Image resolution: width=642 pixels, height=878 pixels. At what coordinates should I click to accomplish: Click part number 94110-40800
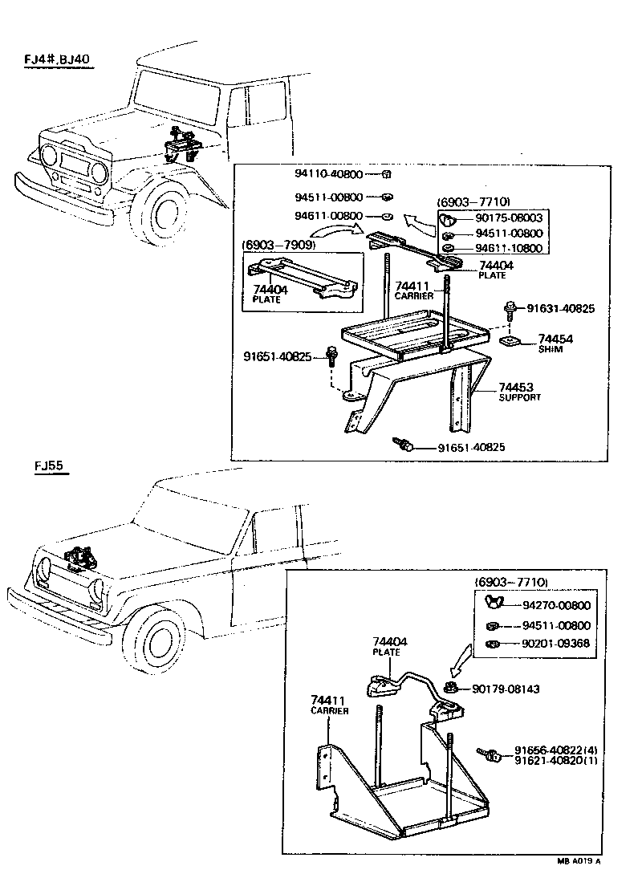click(329, 173)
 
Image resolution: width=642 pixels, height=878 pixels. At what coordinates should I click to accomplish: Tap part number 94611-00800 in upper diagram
click(329, 216)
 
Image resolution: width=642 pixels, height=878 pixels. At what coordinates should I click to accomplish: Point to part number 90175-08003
click(509, 218)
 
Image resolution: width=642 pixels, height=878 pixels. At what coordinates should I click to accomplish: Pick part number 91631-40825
click(561, 308)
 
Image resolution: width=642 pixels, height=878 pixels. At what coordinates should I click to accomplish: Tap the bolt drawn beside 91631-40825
click(510, 308)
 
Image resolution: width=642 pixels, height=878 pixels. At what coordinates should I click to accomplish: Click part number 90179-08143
click(508, 688)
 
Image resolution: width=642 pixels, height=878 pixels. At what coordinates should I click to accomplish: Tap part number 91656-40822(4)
click(556, 750)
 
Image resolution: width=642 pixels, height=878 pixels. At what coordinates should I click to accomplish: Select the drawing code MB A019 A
click(579, 861)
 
